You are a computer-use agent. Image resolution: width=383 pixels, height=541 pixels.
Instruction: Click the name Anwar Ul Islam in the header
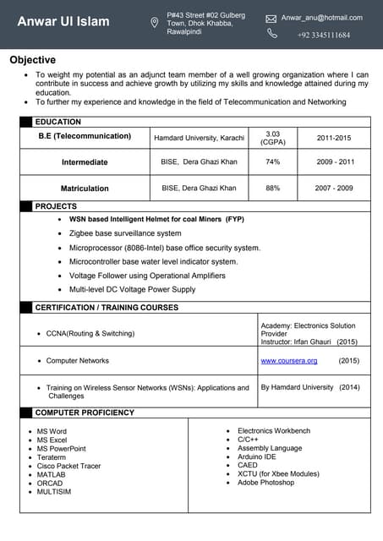63,21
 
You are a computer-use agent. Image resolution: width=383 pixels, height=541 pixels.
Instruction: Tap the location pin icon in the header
154,23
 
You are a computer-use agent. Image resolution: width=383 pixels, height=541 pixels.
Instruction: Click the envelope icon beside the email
271,18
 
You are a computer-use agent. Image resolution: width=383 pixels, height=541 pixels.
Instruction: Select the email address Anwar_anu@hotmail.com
321,18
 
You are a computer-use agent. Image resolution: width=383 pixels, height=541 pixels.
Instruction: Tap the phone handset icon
272,34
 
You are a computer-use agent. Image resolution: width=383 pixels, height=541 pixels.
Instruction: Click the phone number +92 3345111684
323,35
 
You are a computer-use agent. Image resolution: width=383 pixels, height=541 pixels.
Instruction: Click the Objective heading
33,60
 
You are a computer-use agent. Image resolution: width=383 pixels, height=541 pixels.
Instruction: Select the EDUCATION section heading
57,122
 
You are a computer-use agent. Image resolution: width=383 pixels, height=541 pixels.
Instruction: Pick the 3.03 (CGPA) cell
272,137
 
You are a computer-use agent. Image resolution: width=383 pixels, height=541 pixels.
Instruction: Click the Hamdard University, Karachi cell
199,137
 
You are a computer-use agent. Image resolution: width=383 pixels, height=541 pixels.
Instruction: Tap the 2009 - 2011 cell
334,161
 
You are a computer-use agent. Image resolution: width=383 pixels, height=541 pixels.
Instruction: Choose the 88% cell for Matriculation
272,188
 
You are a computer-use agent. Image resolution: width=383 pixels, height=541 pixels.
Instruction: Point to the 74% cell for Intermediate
272,161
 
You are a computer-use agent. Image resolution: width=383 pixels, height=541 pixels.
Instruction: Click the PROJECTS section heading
56,206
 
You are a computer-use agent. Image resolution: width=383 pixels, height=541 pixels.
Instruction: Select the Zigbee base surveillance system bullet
125,233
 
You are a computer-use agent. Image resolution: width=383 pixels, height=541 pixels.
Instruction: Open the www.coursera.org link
289,361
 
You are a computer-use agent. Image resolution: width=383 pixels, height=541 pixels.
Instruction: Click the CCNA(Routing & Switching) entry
90,334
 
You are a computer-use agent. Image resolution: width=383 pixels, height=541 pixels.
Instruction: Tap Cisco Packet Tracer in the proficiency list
68,466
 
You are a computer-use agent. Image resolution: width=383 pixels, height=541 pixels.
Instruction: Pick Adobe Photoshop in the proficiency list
265,483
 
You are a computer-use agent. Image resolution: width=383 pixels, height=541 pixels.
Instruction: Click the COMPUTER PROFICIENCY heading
85,413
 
